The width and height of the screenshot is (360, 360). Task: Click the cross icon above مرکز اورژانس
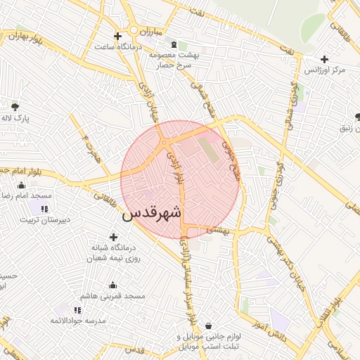[x=324, y=59]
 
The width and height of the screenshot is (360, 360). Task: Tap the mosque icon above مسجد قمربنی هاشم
[x=113, y=285]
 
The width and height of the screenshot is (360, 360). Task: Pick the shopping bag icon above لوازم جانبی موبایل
[x=210, y=326]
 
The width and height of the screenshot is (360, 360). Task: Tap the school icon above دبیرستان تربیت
[x=44, y=209]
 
